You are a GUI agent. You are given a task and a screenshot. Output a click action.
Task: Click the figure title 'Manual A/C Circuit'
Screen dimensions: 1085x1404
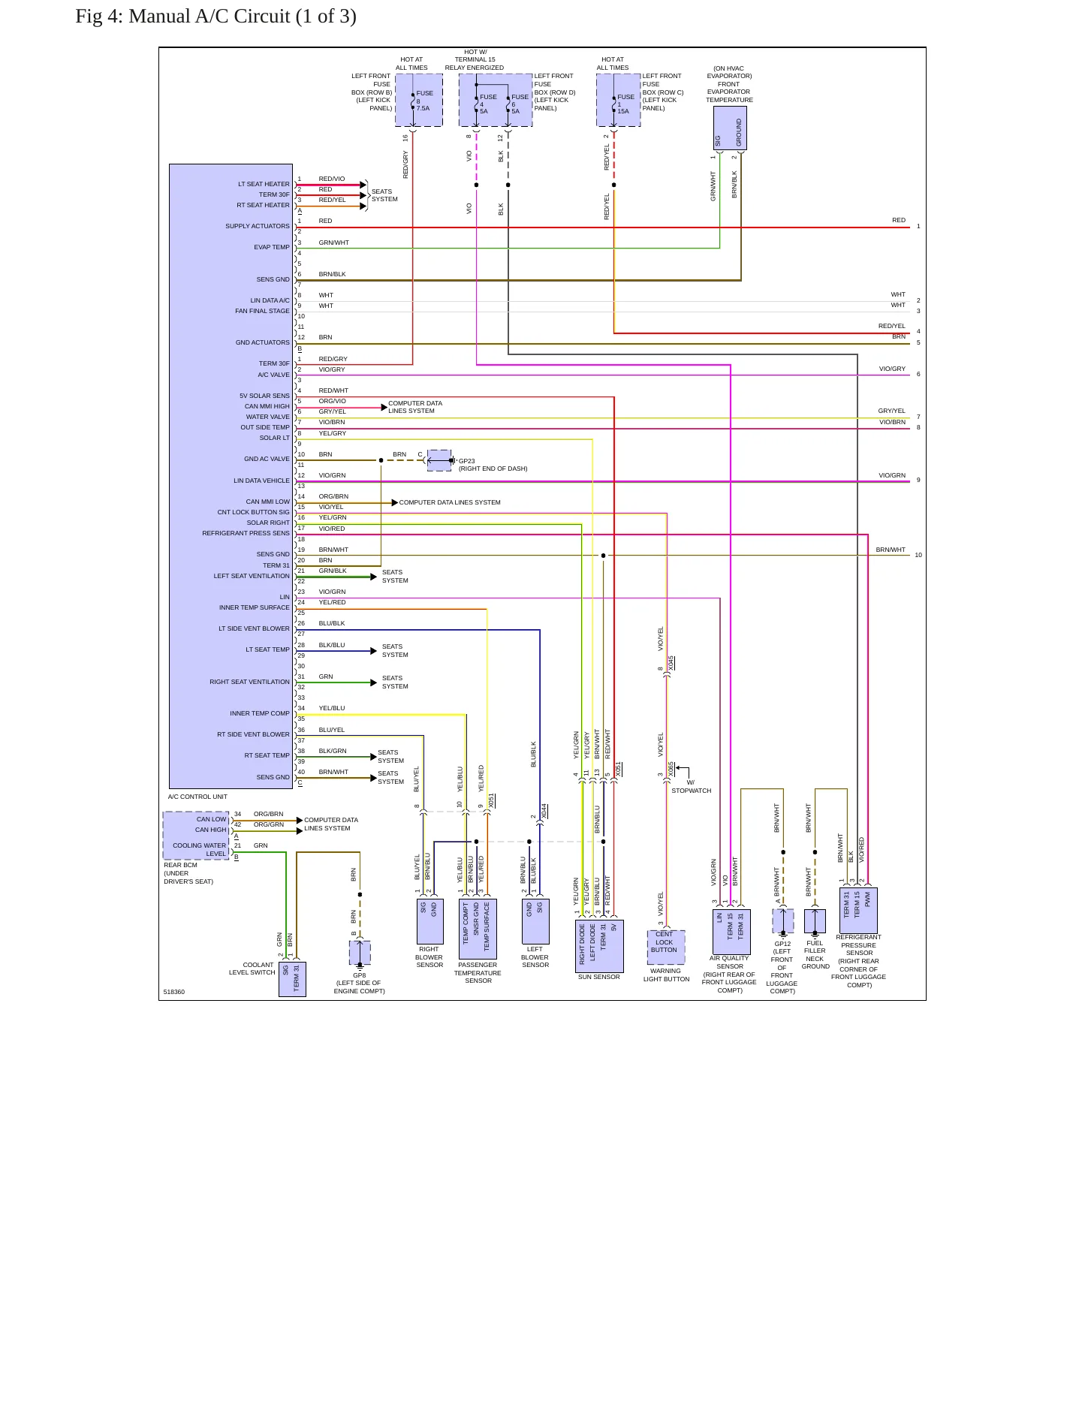[x=209, y=17]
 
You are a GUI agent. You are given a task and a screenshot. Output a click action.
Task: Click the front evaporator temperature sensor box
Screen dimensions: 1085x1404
[x=729, y=128]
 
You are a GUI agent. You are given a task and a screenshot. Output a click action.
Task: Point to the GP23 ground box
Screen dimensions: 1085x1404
[x=439, y=460]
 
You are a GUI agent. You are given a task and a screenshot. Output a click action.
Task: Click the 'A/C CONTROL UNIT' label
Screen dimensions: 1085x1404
[x=197, y=797]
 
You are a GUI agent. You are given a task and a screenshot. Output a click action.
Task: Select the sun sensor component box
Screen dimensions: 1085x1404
[x=599, y=945]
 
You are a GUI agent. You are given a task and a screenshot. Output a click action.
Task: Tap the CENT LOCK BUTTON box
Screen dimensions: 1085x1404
[x=665, y=948]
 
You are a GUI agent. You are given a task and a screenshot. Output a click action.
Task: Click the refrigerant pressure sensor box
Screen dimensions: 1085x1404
[x=857, y=911]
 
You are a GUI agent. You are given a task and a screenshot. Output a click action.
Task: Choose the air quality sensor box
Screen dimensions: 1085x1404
[x=731, y=932]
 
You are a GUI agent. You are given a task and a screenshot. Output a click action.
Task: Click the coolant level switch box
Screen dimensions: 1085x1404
[x=292, y=979]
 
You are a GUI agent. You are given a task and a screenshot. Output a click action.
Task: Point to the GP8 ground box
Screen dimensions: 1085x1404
[x=360, y=953]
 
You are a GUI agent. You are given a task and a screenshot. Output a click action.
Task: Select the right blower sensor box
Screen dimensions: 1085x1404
[x=429, y=921]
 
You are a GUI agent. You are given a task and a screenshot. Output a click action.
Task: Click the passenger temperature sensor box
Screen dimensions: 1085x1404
[x=478, y=929]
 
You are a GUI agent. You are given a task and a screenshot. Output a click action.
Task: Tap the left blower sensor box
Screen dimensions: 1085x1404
[x=535, y=921]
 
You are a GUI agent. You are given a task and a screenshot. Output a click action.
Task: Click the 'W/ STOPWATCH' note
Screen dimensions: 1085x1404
[x=691, y=787]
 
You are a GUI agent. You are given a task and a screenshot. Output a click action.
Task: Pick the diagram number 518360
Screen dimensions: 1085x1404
[x=174, y=992]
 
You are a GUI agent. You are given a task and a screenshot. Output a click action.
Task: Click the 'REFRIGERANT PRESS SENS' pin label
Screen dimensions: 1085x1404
[x=246, y=533]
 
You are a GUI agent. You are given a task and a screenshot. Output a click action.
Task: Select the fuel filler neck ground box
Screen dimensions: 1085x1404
[x=815, y=921]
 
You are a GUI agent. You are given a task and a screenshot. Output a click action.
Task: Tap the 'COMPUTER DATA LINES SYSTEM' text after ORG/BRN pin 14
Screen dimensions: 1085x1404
[x=450, y=502]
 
